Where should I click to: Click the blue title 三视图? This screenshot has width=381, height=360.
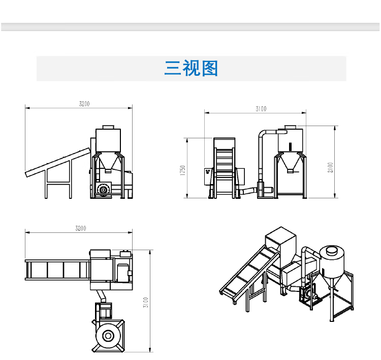click(x=191, y=68)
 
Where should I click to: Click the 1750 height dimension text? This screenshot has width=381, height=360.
click(x=183, y=170)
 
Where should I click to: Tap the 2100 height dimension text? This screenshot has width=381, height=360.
click(x=330, y=167)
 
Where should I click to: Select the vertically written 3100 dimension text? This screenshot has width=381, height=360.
click(x=145, y=303)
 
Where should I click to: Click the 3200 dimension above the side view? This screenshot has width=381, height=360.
click(x=84, y=104)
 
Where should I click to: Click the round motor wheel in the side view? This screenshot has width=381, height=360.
click(x=104, y=190)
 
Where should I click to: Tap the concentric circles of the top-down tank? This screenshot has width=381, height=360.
click(x=108, y=335)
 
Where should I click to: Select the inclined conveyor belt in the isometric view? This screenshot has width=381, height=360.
click(x=244, y=272)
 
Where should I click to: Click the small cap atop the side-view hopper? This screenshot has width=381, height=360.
click(x=108, y=126)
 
